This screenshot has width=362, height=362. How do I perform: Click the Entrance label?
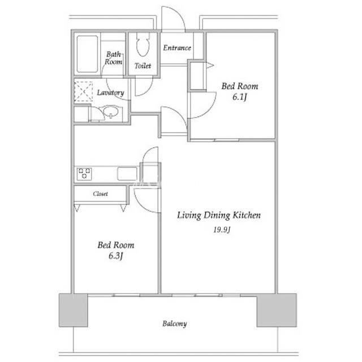[177, 48]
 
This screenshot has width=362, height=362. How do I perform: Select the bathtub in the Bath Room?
[87, 54]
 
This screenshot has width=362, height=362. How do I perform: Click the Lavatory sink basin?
[111, 111]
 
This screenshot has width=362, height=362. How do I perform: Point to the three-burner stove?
[84, 174]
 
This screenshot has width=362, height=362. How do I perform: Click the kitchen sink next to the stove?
[127, 174]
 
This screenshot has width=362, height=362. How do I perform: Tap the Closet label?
[101, 193]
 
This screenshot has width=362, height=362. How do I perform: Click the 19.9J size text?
[222, 230]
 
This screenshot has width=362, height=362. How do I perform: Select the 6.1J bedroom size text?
[240, 97]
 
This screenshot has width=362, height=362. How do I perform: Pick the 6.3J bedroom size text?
[115, 256]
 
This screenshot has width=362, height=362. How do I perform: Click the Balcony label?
[175, 324]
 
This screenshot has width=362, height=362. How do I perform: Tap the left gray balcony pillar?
[74, 310]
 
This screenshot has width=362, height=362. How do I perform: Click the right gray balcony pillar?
[277, 310]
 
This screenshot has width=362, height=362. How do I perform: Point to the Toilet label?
[143, 66]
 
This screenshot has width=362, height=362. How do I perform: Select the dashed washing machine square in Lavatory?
[83, 92]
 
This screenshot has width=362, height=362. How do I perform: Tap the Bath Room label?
[114, 58]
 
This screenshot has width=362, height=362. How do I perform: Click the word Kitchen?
[247, 215]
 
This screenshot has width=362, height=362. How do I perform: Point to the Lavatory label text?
[111, 93]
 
